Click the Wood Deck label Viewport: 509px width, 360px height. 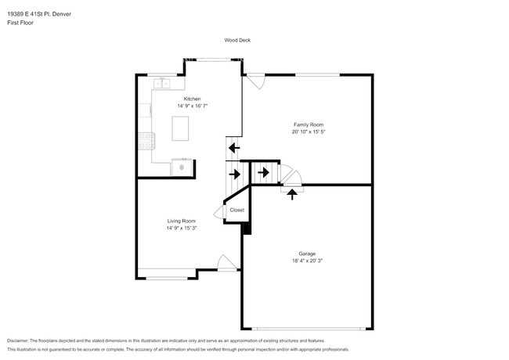pyautogui.click(x=237, y=40)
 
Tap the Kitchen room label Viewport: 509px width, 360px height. pyautogui.click(x=192, y=99)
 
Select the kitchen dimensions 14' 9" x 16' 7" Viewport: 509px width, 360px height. pyautogui.click(x=192, y=106)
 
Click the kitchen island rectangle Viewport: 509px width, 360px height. pyautogui.click(x=180, y=128)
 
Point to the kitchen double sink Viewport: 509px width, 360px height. pyautogui.click(x=161, y=84)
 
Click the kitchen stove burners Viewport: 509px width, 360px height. pyautogui.click(x=146, y=141)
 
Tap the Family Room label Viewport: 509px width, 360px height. pyautogui.click(x=309, y=124)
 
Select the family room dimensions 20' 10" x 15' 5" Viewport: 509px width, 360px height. pyautogui.click(x=309, y=131)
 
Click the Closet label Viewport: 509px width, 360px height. pyautogui.click(x=237, y=211)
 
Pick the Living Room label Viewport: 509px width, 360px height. pyautogui.click(x=182, y=221)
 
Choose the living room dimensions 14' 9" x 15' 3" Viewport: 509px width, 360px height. pyautogui.click(x=182, y=228)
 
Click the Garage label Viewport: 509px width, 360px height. pyautogui.click(x=307, y=254)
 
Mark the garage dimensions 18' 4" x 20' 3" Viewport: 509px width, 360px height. pyautogui.click(x=307, y=261)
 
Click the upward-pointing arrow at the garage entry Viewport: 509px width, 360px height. pyautogui.click(x=292, y=194)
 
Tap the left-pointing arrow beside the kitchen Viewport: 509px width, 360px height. pyautogui.click(x=234, y=148)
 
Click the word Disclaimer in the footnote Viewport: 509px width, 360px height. pyautogui.click(x=18, y=341)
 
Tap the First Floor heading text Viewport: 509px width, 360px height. pyautogui.click(x=20, y=23)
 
